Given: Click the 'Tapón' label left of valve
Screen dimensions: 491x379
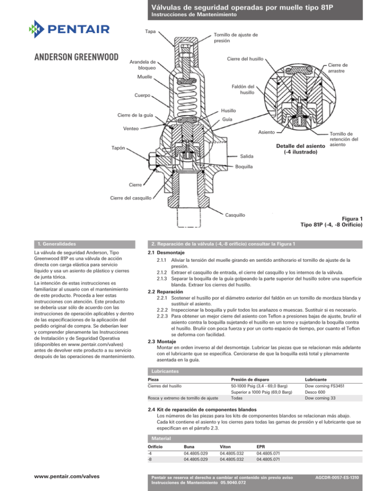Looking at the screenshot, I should [117, 147].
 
